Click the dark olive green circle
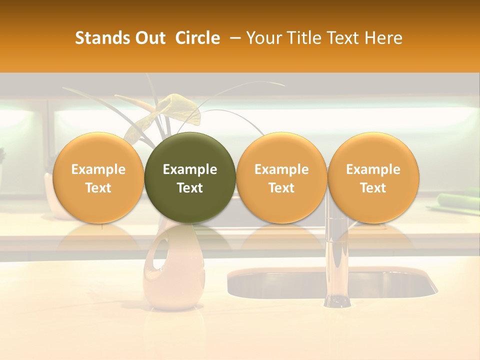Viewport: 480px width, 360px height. coord(190,178)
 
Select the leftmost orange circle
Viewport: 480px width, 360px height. coord(98,178)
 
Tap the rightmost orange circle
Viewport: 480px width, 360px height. coord(373,178)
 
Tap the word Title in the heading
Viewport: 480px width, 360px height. coord(306,38)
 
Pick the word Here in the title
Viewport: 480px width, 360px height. coord(383,38)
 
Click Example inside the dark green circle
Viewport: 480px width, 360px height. coord(190,169)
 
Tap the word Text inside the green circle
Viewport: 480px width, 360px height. coord(190,187)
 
